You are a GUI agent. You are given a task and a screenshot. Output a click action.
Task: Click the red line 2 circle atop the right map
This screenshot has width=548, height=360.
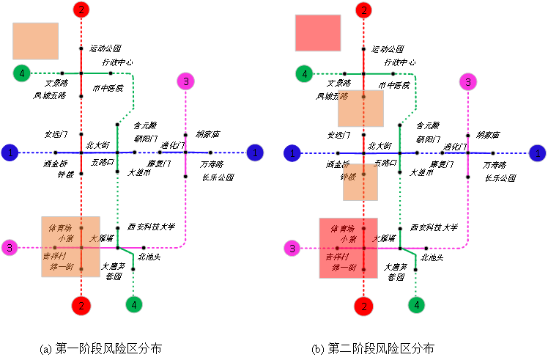[x=363, y=10]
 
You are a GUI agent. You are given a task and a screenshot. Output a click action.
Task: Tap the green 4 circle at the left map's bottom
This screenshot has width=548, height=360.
[x=133, y=304]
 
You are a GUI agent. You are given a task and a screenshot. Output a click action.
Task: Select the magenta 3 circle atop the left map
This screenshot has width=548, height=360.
[x=185, y=81]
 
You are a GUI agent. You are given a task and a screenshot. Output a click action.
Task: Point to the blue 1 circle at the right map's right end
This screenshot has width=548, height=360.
[x=538, y=153]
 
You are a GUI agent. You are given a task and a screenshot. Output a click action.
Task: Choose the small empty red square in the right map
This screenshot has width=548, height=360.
[x=318, y=33]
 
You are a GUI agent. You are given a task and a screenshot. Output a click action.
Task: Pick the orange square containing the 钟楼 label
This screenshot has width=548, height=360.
[x=360, y=182]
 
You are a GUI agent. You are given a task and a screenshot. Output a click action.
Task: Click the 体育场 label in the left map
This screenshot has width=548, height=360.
[x=60, y=228]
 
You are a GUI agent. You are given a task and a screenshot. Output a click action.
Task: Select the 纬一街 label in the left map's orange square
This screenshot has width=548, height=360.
[x=62, y=267]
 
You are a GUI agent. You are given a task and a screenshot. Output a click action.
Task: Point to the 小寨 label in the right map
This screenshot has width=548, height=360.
[x=347, y=239]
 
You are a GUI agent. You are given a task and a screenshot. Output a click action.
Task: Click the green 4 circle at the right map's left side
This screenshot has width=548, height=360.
[x=303, y=73]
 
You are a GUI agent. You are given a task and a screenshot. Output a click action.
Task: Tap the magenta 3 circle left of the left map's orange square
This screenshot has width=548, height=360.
[x=10, y=248]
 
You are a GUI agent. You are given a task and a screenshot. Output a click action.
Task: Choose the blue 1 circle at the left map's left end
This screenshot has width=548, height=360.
[x=10, y=153]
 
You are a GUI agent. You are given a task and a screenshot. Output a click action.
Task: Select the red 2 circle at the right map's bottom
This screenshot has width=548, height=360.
[x=363, y=306]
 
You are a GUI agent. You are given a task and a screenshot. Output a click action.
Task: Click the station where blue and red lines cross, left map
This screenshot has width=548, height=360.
[x=81, y=153]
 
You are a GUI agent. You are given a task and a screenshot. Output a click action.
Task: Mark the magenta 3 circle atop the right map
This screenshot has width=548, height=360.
[x=467, y=81]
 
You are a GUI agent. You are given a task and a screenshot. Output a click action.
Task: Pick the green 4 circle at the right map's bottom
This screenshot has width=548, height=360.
[x=415, y=304]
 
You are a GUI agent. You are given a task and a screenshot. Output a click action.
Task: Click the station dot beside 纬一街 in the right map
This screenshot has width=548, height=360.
[x=363, y=270]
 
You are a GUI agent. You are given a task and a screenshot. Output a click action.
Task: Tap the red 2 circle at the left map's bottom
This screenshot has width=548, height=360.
[x=81, y=305]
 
